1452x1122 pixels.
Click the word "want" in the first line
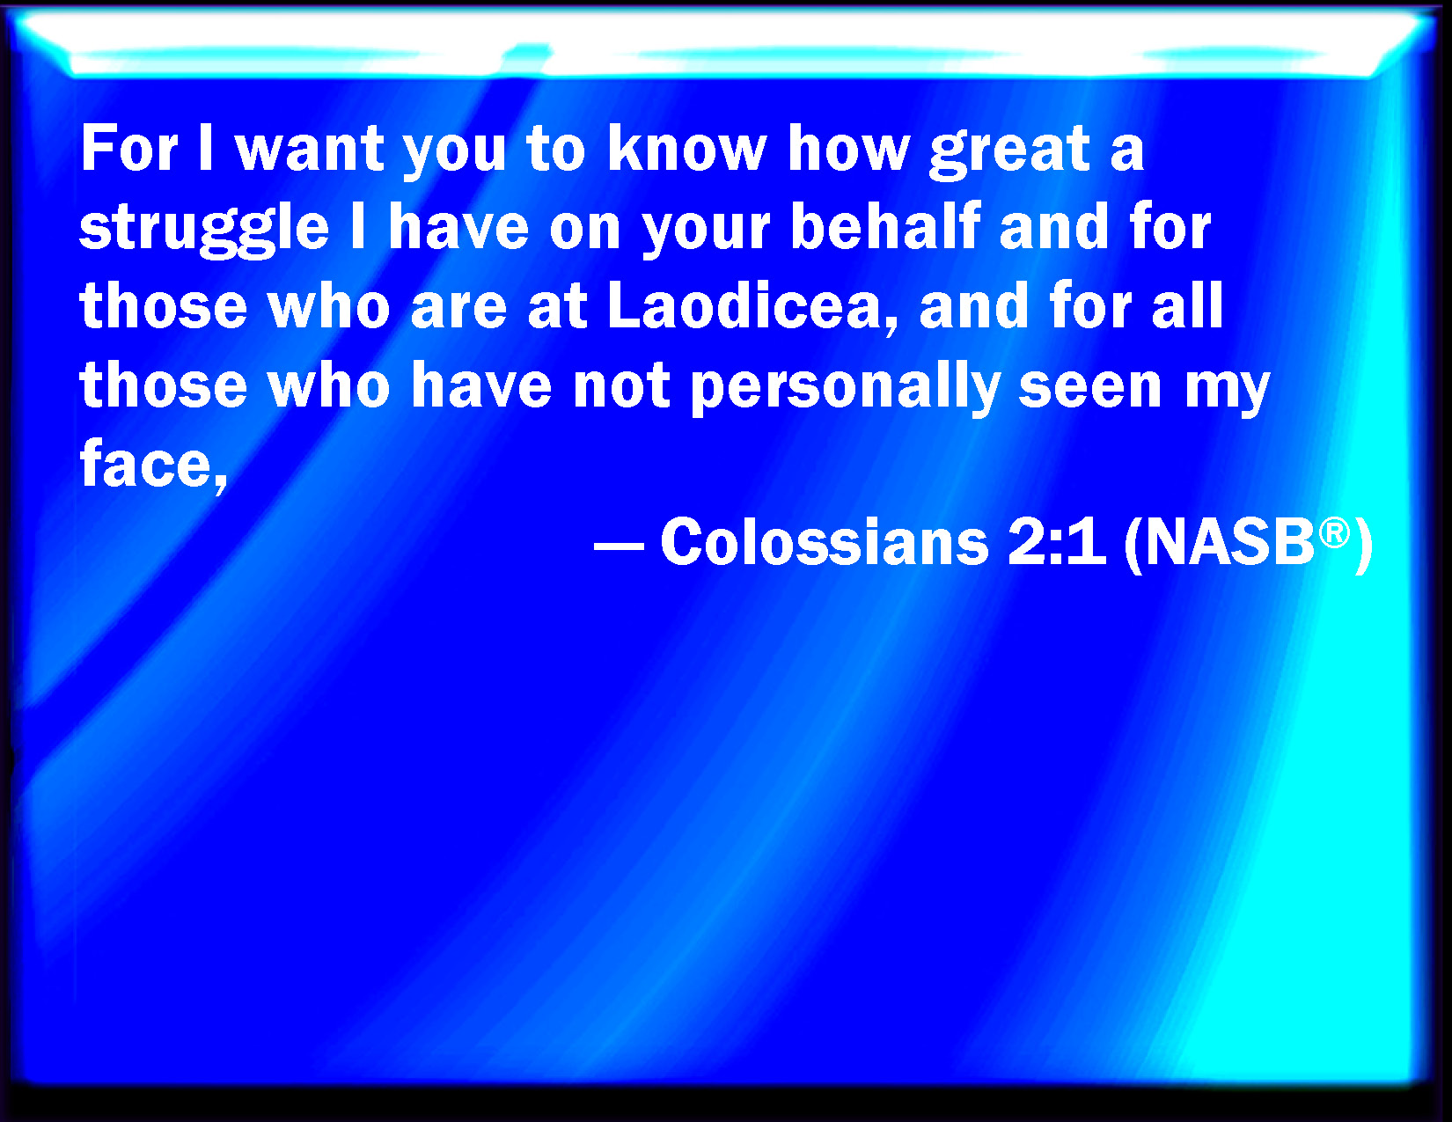[x=310, y=150]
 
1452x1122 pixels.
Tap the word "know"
[x=687, y=148]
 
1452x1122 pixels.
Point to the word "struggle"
[x=204, y=230]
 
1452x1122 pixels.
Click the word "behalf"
[x=885, y=226]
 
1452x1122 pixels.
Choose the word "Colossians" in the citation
[x=824, y=542]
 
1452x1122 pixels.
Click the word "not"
[x=621, y=387]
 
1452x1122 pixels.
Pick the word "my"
[x=1227, y=393]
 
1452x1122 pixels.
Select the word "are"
[x=458, y=310]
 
